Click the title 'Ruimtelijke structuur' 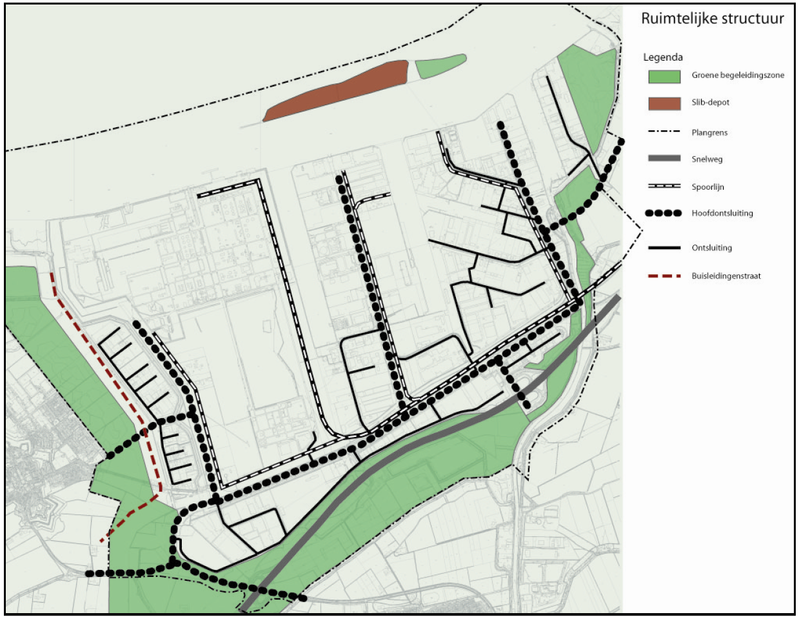(712, 19)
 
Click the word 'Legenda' (662, 57)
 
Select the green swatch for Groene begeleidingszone (664, 76)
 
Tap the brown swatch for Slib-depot (664, 103)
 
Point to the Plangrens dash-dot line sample (664, 132)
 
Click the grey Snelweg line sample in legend (664, 159)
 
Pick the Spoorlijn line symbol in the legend (664, 187)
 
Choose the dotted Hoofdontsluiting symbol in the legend (664, 213)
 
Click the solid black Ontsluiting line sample (664, 248)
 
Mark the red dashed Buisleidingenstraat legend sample (664, 276)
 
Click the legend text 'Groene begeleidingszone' (738, 76)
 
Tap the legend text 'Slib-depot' (711, 103)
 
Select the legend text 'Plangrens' (709, 133)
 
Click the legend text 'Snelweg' (707, 159)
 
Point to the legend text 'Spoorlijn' (708, 187)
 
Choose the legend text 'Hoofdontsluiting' (722, 214)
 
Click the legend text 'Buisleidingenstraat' (726, 276)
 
